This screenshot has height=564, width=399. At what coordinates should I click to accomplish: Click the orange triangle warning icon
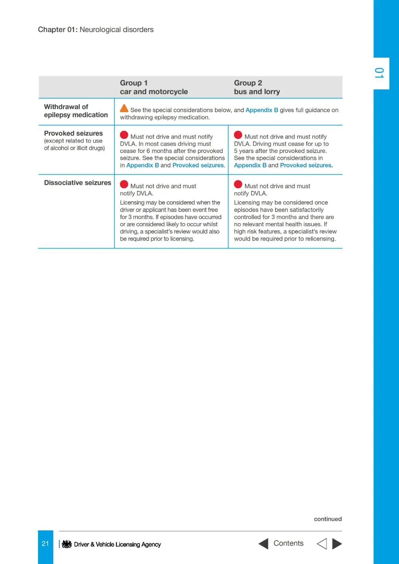124,109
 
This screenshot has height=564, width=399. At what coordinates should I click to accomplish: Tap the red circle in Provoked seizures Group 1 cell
124,135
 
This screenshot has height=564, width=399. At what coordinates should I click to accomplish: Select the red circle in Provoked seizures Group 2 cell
238,135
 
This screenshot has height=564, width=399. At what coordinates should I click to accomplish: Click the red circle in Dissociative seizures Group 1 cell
124,184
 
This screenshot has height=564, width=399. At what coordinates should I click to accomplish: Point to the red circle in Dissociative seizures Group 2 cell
238,184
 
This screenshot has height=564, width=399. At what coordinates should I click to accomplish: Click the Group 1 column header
154,87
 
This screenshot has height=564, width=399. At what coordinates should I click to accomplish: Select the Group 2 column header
257,87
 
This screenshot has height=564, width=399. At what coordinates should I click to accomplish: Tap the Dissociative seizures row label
78,183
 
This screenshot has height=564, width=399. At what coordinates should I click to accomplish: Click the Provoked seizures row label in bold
74,133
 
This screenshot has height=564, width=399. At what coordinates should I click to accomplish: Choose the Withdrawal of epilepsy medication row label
76,111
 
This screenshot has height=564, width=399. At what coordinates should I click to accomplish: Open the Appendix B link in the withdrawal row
262,110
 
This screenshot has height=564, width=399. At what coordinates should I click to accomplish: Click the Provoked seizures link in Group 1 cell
198,165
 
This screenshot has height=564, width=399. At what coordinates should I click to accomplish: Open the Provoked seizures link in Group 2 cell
306,165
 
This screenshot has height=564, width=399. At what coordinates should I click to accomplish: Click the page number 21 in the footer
45,544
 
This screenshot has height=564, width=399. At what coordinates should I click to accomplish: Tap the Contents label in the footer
289,543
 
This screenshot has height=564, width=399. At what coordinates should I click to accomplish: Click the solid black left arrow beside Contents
263,544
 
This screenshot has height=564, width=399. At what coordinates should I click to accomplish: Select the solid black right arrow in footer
337,544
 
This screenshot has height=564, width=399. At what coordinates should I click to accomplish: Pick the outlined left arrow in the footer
322,544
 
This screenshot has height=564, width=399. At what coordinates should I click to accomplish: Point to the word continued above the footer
328,519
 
